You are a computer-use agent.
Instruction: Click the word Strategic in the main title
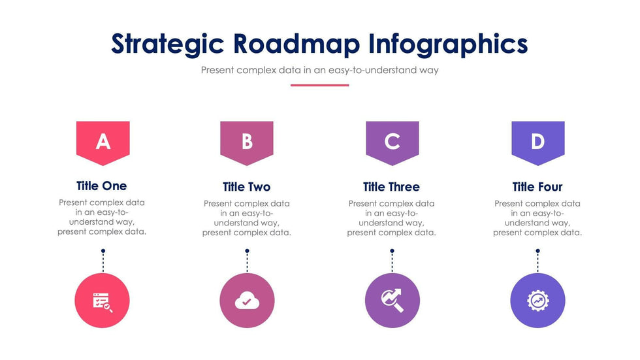click(x=167, y=44)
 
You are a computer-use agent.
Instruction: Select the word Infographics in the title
click(x=448, y=44)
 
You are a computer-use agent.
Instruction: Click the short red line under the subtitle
click(x=319, y=86)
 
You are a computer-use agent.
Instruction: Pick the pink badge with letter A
click(x=103, y=143)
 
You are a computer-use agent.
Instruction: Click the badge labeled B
click(x=247, y=143)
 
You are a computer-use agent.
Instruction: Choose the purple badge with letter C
click(x=392, y=143)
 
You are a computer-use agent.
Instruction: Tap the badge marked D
click(x=538, y=143)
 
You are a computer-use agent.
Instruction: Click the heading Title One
click(x=102, y=186)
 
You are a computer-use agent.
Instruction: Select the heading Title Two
click(x=247, y=187)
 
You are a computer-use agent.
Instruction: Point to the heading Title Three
click(x=391, y=187)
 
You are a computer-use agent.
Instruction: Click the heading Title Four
click(x=537, y=187)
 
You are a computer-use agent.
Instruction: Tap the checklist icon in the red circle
click(x=103, y=303)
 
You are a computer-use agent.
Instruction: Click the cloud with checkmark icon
click(x=247, y=301)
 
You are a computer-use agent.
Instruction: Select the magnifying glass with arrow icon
click(x=392, y=301)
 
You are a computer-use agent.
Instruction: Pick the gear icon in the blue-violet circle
click(x=538, y=301)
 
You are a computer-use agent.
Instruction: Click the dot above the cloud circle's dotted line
click(x=247, y=251)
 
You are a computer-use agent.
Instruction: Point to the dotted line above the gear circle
click(x=538, y=263)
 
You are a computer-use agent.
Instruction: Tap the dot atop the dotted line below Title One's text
click(x=103, y=251)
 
